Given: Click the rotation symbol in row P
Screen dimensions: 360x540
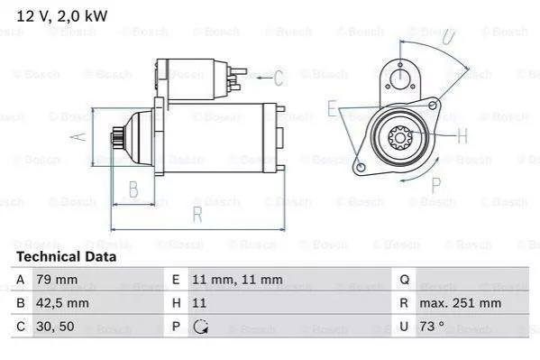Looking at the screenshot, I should pos(200,328).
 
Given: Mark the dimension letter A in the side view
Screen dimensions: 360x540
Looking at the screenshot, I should pos(78,136).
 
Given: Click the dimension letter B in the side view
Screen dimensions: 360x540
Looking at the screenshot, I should pos(133,189).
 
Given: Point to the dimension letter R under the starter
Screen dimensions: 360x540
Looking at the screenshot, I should pos(197,214).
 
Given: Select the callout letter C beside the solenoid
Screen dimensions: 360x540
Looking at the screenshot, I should pos(279,78).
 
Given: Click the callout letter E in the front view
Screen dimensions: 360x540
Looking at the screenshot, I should pos(332,109).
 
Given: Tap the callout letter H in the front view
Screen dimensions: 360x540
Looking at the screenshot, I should pos(462,136).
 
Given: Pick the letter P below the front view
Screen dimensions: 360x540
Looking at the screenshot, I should pos(435,186).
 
